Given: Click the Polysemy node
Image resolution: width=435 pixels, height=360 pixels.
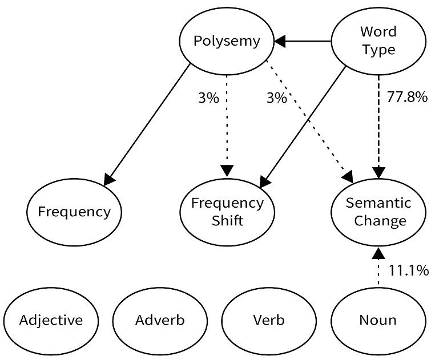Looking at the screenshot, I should point(227,41).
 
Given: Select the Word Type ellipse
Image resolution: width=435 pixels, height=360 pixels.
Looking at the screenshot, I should point(378,41).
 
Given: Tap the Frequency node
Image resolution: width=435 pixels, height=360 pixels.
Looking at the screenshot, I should point(74,212).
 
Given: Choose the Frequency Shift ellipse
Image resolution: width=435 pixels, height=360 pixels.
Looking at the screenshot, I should point(227,212).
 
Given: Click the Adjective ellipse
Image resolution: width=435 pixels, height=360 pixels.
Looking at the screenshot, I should point(51,319).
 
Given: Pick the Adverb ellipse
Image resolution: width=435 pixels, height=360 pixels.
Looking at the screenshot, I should point(160,319).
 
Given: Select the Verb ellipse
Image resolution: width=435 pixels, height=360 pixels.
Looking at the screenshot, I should point(269,319).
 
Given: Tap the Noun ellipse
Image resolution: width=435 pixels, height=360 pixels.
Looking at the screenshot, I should point(378,319).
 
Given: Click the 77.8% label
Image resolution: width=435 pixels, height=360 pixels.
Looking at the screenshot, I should point(408,97).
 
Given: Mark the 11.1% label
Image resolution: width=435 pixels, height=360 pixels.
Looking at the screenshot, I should point(409,270).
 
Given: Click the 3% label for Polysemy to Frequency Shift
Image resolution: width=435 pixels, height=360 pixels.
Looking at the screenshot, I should point(208,98).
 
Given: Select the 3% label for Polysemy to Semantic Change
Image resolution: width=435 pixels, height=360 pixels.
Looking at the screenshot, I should point(276,98).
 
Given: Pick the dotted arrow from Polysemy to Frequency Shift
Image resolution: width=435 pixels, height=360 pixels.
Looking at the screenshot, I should point(227,126).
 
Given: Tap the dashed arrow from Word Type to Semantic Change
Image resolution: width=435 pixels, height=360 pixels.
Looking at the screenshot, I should point(378,126).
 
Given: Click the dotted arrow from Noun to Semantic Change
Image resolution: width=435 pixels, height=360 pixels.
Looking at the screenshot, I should point(378,270).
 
